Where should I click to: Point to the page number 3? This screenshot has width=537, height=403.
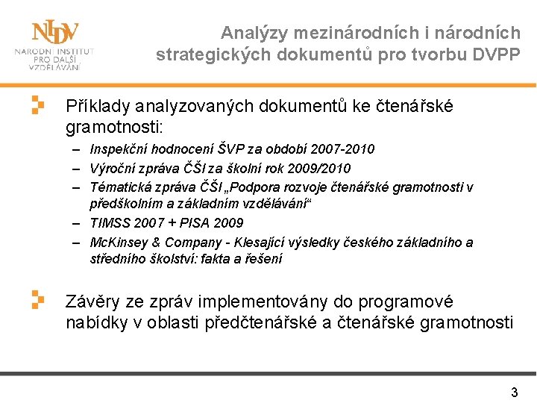(514, 392)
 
